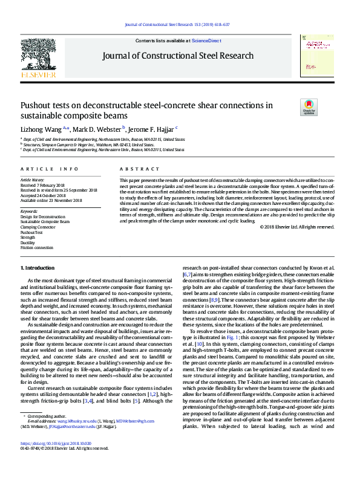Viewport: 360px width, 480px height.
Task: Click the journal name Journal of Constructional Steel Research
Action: pos(178,56)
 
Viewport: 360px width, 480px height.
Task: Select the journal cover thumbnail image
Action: pos(318,56)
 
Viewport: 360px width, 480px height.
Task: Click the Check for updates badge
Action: pos(325,108)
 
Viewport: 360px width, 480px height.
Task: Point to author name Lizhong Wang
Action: pos(42,129)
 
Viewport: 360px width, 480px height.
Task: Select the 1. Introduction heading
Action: pos(38,267)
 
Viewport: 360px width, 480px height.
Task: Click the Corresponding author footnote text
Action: pos(43,433)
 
